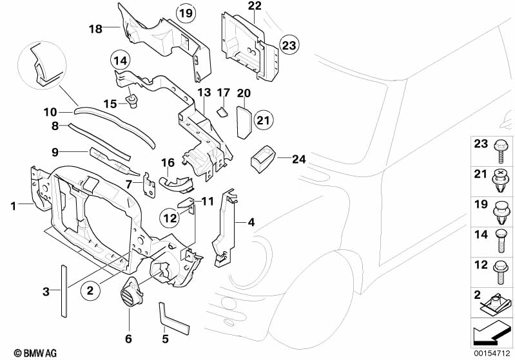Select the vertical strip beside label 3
[64, 290]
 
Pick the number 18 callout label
[95, 28]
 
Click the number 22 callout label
[255, 6]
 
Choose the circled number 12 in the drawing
[169, 218]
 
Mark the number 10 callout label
[50, 111]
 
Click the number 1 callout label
[12, 205]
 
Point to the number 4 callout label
[251, 223]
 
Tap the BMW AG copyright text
[31, 352]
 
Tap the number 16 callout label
[168, 162]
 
